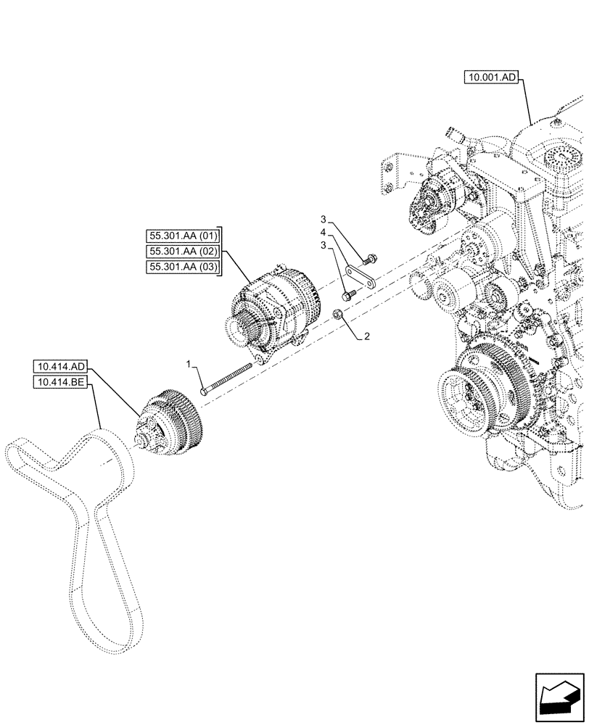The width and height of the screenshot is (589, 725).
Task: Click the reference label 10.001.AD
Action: click(x=491, y=79)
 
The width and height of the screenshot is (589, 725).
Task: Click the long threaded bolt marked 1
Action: click(x=228, y=378)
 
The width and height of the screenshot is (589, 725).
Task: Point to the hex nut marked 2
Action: click(x=338, y=313)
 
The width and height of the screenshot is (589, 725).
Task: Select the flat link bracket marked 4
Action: click(x=361, y=278)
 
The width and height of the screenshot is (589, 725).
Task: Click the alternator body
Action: click(x=279, y=304)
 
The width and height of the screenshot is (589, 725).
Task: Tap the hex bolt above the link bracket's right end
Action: click(x=371, y=257)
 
